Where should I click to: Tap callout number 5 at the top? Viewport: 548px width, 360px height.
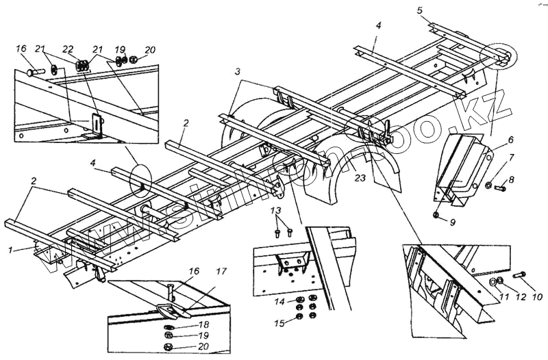coord(420,10)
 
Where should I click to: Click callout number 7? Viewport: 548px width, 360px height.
coord(510,159)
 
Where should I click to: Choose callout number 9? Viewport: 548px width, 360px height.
coord(451,222)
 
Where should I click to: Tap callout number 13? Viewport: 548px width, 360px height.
coord(275,209)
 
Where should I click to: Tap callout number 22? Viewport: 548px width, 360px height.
coord(67,50)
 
